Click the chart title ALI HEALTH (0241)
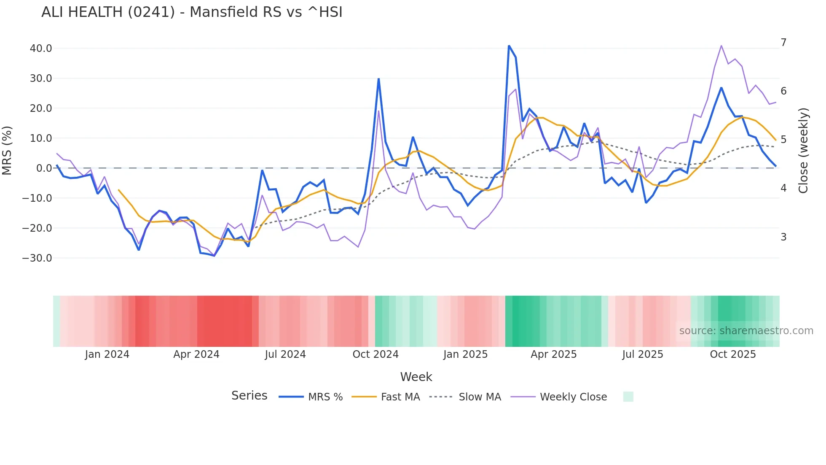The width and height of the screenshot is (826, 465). [192, 12]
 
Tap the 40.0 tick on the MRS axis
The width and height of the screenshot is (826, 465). [41, 49]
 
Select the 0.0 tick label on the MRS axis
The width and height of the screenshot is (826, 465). [44, 168]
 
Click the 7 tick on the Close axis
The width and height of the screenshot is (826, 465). [783, 43]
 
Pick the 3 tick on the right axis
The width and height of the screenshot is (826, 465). [783, 237]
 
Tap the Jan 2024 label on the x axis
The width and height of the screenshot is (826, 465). [107, 354]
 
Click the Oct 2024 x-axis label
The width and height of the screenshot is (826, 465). [375, 354]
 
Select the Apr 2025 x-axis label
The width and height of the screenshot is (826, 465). [553, 354]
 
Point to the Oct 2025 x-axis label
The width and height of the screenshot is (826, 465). [733, 354]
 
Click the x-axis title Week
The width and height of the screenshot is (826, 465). [416, 377]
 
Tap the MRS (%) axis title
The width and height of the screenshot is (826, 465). [7, 150]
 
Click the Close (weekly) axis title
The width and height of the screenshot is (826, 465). [803, 150]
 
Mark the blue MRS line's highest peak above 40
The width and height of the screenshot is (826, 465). [509, 46]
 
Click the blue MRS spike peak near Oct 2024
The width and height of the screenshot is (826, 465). [378, 79]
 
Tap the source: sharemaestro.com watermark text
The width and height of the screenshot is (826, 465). [746, 331]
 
